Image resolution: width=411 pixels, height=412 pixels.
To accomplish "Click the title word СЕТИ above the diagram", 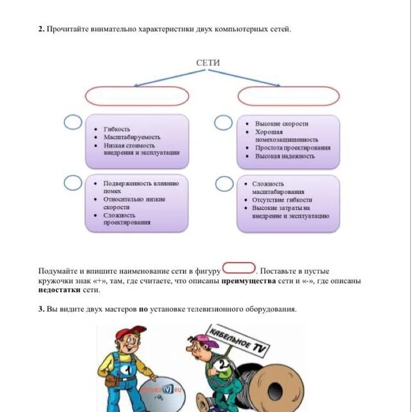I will pyautogui.click(x=208, y=63).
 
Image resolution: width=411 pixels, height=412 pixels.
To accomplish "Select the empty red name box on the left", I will pyautogui.click(x=137, y=96).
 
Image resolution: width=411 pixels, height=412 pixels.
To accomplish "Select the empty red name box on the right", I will pyautogui.click(x=288, y=96).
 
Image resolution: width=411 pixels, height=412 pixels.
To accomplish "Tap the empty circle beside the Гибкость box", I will pyautogui.click(x=73, y=123).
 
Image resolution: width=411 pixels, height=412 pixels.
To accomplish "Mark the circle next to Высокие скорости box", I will pyautogui.click(x=223, y=123).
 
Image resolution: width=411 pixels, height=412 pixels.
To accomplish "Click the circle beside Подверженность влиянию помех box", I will pyautogui.click(x=73, y=182).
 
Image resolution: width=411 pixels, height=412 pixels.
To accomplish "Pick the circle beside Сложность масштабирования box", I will pyautogui.click(x=224, y=183).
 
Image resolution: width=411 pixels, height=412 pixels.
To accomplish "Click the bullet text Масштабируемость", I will pyautogui.click(x=132, y=137).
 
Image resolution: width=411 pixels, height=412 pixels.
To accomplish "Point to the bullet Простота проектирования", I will pyautogui.click(x=293, y=148).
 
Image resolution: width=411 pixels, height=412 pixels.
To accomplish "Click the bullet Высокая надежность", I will pyautogui.click(x=285, y=156).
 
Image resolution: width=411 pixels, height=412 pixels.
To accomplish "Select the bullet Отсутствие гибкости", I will pyautogui.click(x=282, y=200).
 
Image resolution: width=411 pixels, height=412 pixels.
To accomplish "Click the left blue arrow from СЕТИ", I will pyautogui.click(x=165, y=78).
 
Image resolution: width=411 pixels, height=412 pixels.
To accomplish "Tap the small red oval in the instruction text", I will pyautogui.click(x=239, y=269).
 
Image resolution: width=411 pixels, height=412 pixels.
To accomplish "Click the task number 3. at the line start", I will pyautogui.click(x=41, y=309).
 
